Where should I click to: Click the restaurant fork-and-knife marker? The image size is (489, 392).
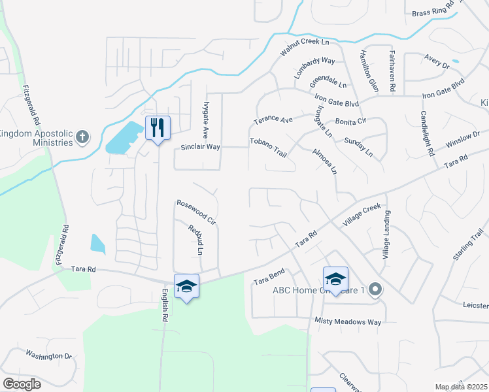[156, 127]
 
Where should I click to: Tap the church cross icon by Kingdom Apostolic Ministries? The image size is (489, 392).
[82, 137]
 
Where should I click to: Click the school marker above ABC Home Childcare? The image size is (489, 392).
[335, 279]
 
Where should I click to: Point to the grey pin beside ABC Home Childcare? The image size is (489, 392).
[375, 289]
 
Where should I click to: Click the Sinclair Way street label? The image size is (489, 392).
[201, 147]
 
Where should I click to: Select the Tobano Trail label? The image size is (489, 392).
[268, 147]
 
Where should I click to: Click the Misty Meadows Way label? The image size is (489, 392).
[347, 321]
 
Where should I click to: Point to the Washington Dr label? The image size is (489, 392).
[48, 355]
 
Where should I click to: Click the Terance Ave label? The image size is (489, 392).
[273, 120]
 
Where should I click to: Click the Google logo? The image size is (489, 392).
[22, 384]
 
